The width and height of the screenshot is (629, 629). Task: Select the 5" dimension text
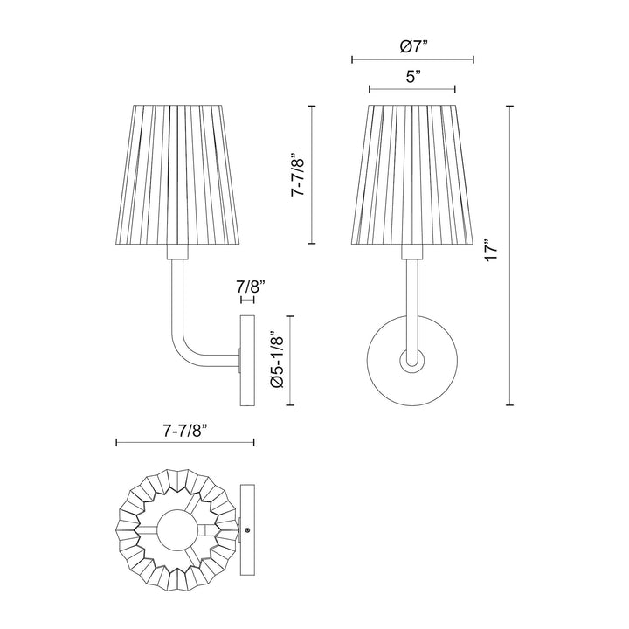coord(411,77)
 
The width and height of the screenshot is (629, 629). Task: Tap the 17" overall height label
coord(494,253)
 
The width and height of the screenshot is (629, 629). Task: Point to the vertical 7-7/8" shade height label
coord(297,175)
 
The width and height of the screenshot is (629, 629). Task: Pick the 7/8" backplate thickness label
coord(247,287)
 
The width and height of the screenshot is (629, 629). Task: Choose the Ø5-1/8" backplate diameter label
coord(277,358)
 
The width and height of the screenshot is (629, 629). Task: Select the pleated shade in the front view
coord(411,175)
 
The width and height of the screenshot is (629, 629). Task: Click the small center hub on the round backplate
coord(411,359)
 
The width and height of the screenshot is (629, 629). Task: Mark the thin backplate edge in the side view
coord(247,359)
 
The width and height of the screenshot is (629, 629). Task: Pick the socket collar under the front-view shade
coord(411,253)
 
